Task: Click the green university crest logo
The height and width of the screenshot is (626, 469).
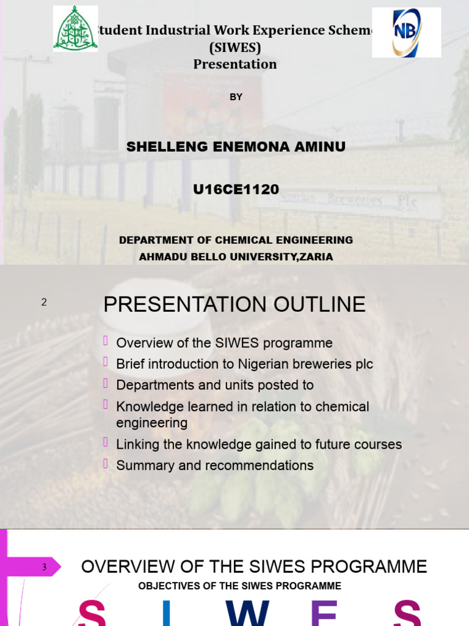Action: (x=75, y=29)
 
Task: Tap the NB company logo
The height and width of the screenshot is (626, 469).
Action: (x=406, y=32)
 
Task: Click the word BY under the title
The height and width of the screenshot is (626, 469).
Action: (x=236, y=97)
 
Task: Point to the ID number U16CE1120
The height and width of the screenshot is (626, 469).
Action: (x=236, y=190)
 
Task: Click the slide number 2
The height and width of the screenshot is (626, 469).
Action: (x=44, y=302)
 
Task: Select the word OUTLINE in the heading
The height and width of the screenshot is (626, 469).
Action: (x=318, y=304)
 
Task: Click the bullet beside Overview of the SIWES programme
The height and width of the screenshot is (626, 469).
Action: (x=106, y=341)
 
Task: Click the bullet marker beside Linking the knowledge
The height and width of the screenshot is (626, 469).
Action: (x=106, y=442)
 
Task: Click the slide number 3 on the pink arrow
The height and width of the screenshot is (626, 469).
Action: (x=44, y=567)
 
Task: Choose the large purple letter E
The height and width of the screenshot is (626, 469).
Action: (x=324, y=614)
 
